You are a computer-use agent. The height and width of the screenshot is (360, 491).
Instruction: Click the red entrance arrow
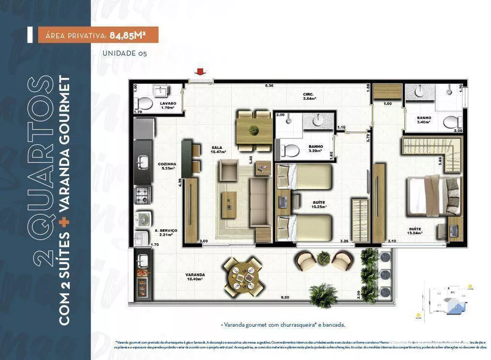pyautogui.click(x=201, y=72)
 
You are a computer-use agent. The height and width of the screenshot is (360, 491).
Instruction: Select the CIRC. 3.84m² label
pyautogui.click(x=309, y=96)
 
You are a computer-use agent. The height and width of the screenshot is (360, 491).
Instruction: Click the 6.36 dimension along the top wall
pyautogui.click(x=269, y=86)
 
